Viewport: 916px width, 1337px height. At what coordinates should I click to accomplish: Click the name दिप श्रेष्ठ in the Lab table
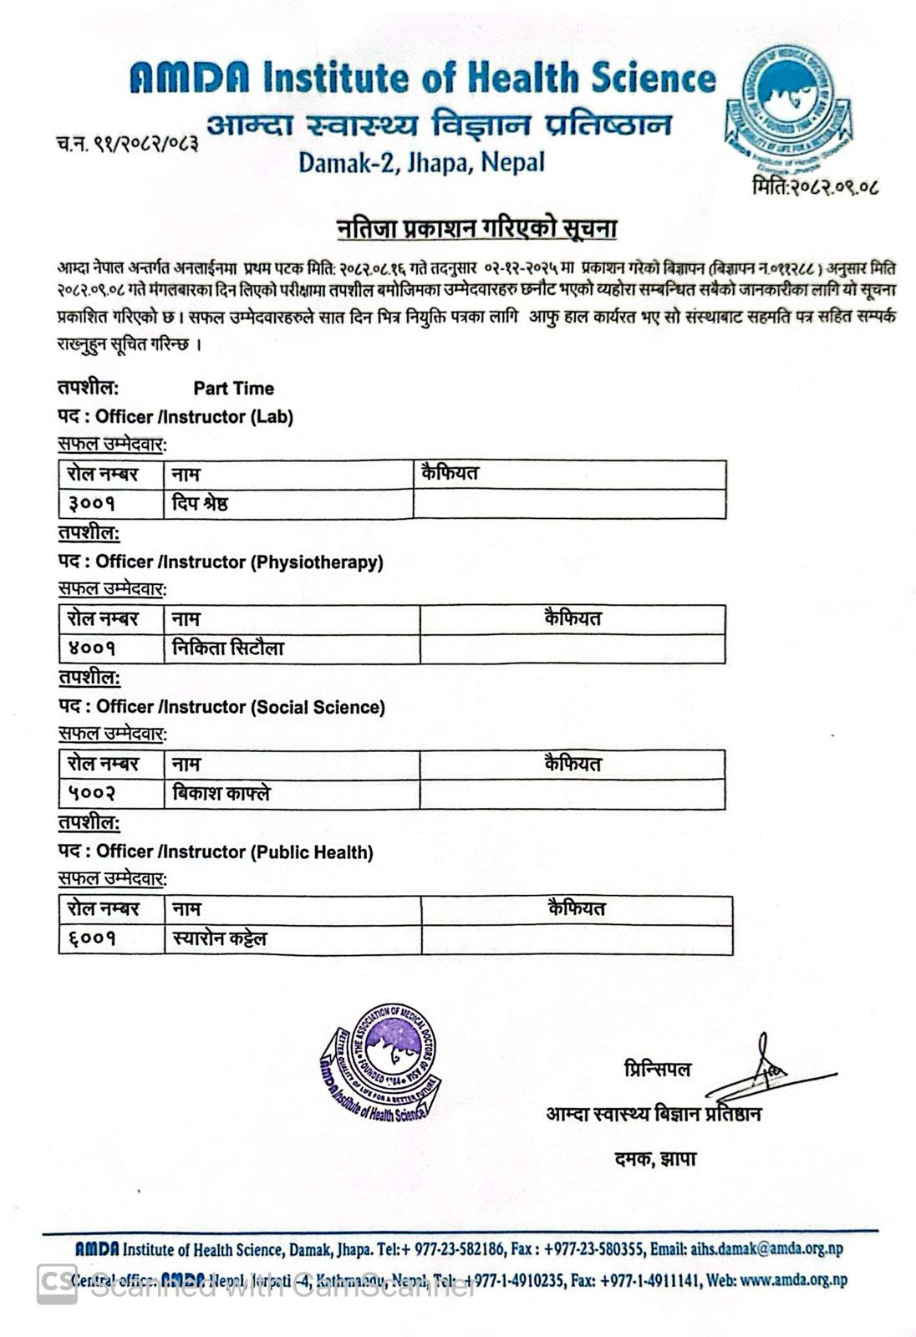(200, 504)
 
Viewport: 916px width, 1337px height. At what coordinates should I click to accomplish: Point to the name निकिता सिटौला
(228, 648)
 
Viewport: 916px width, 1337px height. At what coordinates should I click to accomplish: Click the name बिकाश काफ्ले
(221, 794)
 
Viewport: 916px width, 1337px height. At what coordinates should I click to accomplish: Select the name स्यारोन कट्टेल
(220, 939)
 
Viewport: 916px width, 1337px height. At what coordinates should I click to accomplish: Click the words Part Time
(233, 389)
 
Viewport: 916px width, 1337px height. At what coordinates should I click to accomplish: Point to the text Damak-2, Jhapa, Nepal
(421, 161)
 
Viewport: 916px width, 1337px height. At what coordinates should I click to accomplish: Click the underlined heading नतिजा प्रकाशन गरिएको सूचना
(477, 228)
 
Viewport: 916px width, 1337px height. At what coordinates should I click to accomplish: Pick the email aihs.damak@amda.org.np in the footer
(766, 1249)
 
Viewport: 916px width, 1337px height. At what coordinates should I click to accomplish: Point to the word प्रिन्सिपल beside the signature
(657, 1070)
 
